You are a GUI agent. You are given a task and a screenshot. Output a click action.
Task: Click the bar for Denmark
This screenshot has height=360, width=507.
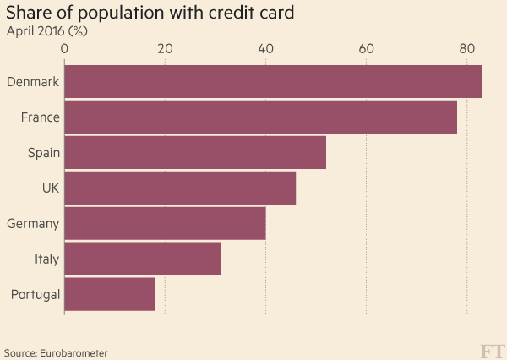click(x=273, y=81)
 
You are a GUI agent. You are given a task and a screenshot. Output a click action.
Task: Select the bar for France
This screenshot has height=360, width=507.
click(x=260, y=117)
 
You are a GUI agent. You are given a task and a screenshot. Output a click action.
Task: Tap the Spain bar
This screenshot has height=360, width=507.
click(x=195, y=152)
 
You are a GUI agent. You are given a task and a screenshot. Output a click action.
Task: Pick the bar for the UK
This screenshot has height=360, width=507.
click(x=180, y=188)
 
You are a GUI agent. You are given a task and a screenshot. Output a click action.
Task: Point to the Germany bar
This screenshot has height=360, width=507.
click(x=165, y=223)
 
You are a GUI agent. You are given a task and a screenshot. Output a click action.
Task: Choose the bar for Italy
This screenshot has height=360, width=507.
click(x=142, y=259)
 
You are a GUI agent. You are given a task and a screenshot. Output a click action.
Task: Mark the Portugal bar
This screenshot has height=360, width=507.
click(x=110, y=294)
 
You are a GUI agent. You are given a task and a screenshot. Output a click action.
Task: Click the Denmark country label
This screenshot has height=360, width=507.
click(x=32, y=82)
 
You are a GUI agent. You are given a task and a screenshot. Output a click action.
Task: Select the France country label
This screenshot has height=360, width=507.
click(x=40, y=117)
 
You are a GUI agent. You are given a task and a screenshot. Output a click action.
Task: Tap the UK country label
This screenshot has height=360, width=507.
click(x=50, y=188)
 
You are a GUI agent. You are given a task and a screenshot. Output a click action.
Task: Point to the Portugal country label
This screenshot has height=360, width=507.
click(x=34, y=295)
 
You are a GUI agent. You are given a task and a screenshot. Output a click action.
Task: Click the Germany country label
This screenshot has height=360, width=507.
click(x=32, y=224)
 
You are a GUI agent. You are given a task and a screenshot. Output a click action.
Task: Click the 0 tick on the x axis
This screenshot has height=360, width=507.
click(x=64, y=50)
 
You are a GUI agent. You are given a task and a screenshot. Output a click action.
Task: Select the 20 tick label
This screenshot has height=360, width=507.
click(x=165, y=50)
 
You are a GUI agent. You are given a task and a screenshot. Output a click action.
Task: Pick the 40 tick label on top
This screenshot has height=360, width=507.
click(x=265, y=50)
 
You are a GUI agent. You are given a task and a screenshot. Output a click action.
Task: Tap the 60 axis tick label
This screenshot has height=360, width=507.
click(x=366, y=50)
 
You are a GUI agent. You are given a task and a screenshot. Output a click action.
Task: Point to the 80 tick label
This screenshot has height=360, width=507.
click(x=466, y=50)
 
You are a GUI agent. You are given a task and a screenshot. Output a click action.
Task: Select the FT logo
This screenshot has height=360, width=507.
click(x=491, y=350)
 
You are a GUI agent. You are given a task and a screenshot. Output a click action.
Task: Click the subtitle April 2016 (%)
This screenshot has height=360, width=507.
click(x=47, y=31)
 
